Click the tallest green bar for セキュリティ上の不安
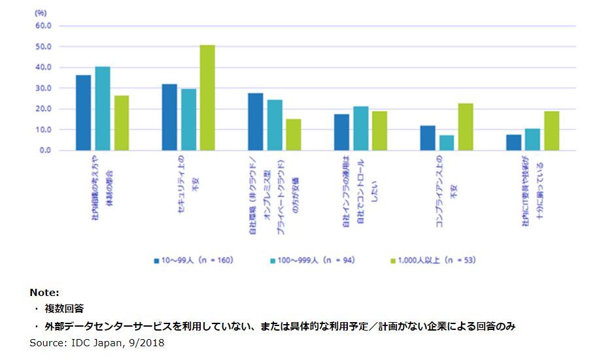tap(207, 98)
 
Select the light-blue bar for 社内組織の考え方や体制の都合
tap(102, 108)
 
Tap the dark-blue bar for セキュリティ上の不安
tap(169, 118)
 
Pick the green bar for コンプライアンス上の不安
tap(466, 127)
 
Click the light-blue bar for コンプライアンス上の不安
tap(447, 142)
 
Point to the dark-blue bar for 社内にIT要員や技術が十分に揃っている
tap(514, 142)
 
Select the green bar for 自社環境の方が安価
tap(294, 135)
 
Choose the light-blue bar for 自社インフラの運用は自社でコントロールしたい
tap(360, 129)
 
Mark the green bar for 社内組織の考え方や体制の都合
tap(121, 123)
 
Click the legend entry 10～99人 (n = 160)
tap(194, 260)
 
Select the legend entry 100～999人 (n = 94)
tap(311, 260)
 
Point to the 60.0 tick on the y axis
tap(45, 26)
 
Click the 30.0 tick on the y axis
tap(45, 88)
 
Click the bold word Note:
tap(44, 293)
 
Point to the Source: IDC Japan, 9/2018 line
tap(97, 343)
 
